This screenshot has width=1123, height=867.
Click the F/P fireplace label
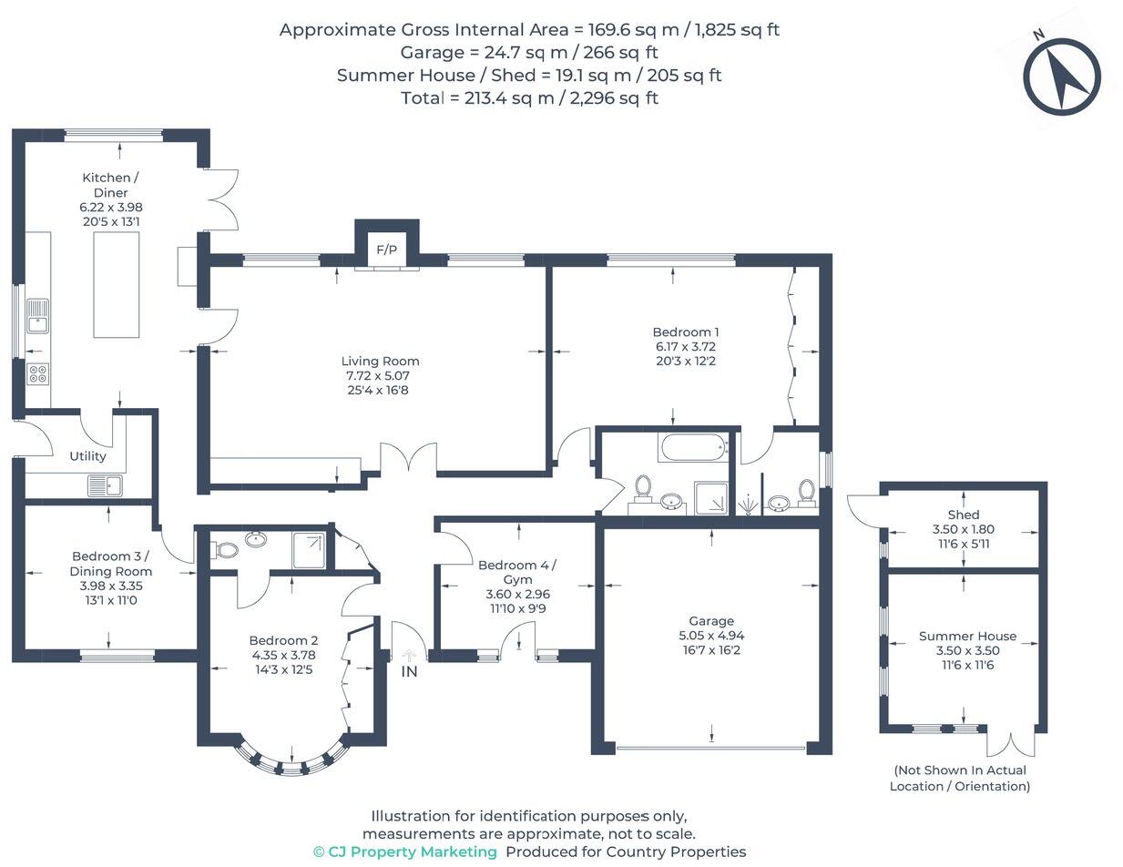coord(386,250)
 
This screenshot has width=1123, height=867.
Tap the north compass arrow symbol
coord(1061,76)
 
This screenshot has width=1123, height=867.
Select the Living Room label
coord(380,362)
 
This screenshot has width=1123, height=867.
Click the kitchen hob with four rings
coord(38,374)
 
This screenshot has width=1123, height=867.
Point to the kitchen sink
coord(37,316)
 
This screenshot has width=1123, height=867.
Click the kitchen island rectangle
coord(117,285)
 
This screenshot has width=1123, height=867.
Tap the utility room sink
coord(106,485)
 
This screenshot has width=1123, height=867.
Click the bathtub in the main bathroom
coord(693,447)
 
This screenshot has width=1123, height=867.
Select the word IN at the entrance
coord(409,672)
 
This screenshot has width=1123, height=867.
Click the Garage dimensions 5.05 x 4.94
coord(711,636)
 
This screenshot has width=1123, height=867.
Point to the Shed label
coord(964,515)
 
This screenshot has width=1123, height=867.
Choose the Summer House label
coord(967,636)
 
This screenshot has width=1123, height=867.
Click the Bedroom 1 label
coord(685,332)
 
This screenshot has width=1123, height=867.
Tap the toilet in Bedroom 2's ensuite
coord(225,549)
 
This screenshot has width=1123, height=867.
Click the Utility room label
coord(87,456)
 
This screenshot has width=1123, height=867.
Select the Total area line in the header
coord(530,97)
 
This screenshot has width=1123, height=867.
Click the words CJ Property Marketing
coord(412,852)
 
